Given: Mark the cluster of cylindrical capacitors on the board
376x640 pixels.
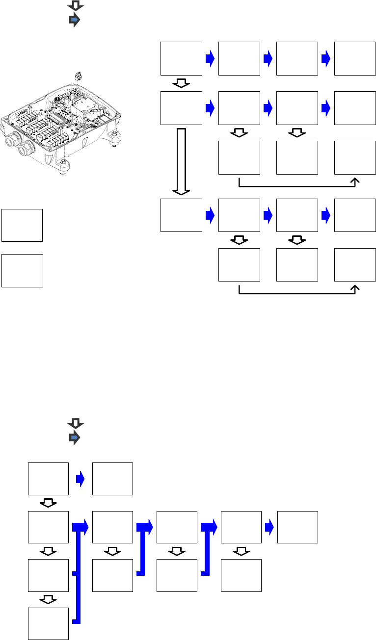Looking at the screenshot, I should click(x=93, y=116).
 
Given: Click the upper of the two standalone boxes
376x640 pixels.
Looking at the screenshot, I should click(x=22, y=225).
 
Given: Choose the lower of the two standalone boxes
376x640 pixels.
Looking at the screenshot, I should click(x=22, y=270).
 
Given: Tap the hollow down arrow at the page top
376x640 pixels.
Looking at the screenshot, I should click(x=76, y=5).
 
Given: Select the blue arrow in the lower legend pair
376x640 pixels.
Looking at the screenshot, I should click(x=74, y=437).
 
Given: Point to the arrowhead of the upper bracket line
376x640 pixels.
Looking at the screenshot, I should click(x=355, y=181).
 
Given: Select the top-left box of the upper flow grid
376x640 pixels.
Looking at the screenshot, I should click(x=182, y=59).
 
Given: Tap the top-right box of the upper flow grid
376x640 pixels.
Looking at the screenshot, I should click(x=355, y=59).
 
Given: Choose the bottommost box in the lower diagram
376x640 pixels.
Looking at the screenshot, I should click(x=48, y=623).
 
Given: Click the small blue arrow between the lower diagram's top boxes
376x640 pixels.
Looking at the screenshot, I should click(x=81, y=479).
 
